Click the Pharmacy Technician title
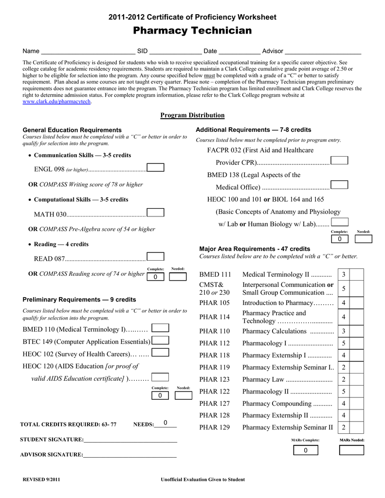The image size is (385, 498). click(192, 31)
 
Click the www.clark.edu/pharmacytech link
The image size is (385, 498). click(57, 102)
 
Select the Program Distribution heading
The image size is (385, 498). click(192, 115)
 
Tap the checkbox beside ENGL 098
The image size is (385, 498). click(155, 168)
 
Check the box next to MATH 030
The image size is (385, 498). click(155, 213)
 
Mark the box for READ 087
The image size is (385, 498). click(155, 257)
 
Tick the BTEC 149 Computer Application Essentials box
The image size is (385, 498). click(160, 340)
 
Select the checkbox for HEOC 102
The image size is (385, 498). click(160, 353)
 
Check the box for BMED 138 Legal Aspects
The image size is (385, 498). click(339, 185)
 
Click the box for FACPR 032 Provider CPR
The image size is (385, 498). click(339, 161)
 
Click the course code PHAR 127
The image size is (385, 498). click(215, 404)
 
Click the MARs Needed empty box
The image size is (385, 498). click(351, 450)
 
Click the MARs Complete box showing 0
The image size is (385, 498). click(305, 450)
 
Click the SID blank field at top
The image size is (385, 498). click(175, 51)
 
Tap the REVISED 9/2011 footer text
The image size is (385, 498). click(42, 480)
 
